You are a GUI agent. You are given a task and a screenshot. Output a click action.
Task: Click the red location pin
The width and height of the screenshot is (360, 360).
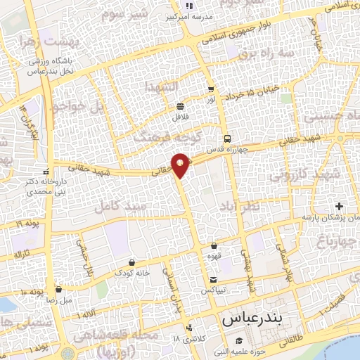point(181,164)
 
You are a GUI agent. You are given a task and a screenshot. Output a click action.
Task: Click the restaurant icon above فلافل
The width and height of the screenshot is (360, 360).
point(181,106)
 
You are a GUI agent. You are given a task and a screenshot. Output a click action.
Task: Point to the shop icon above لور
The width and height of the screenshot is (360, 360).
point(211,89)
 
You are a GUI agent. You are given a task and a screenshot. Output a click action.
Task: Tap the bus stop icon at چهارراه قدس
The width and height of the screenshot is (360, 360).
point(226,138)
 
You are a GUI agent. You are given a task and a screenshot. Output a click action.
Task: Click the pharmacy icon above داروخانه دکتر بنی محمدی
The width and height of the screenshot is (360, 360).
point(46,171)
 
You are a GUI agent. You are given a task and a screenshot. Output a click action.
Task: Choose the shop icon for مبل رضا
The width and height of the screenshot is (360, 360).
point(58,289)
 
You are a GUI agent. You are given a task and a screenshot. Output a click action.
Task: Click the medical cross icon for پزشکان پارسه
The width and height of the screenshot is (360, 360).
point(340,207)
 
